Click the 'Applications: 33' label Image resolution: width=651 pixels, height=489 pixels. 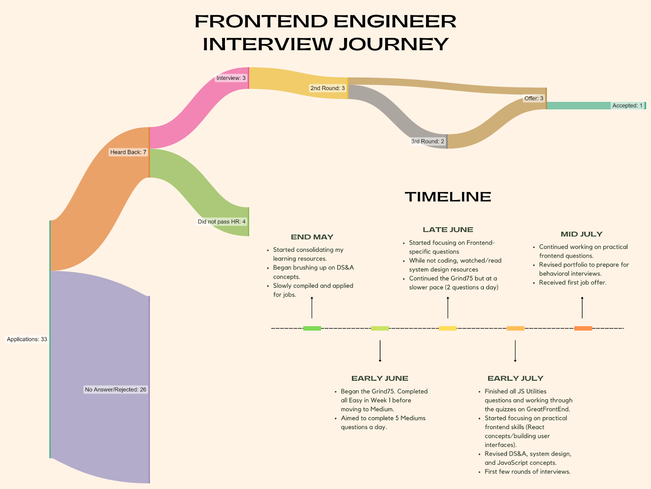27,339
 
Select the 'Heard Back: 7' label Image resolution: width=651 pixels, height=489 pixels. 128,152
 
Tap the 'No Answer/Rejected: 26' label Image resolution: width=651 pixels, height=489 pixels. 116,390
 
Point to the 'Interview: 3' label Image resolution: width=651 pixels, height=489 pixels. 231,78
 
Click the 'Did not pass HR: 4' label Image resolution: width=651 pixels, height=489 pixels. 222,222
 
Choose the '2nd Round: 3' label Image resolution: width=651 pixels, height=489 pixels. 328,88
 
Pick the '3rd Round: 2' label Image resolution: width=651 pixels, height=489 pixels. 428,141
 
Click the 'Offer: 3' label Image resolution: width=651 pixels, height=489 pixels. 534,98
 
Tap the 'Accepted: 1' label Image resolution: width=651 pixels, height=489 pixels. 627,106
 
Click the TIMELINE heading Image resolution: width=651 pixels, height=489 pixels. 448,197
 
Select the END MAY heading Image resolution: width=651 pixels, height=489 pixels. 312,237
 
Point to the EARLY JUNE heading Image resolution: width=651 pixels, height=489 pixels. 380,379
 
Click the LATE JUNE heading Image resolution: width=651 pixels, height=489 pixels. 448,230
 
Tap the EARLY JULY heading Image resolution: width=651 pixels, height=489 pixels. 516,379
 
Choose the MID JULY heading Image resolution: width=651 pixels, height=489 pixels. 581,234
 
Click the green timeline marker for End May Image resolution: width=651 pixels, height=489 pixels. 312,328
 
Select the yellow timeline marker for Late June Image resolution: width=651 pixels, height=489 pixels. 448,328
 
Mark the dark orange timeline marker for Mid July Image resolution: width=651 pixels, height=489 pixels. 583,328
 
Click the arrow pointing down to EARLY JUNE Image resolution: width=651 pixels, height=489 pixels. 380,351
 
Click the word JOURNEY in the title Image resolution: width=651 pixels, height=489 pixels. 394,44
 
